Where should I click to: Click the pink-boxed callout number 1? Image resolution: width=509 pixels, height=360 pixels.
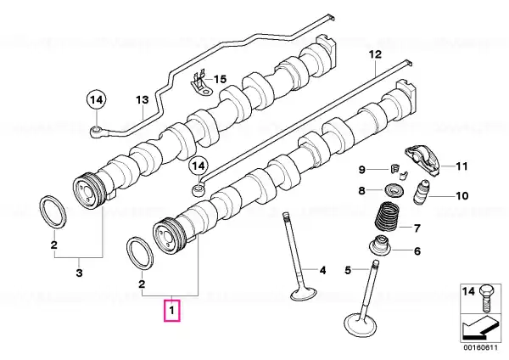pos(171,310)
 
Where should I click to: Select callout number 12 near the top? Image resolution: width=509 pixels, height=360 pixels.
pos(375,54)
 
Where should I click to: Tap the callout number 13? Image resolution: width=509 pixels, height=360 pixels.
pos(142,99)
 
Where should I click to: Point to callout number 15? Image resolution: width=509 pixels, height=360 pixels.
pos(220,79)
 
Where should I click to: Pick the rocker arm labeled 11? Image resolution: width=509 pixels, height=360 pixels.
pos(422,160)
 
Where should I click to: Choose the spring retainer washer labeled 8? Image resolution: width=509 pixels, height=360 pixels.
pos(394,189)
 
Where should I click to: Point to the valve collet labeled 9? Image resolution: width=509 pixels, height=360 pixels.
pos(399,172)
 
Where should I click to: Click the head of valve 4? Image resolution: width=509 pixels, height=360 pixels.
pos(303,294)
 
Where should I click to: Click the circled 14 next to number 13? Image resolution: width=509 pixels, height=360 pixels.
pos(97,99)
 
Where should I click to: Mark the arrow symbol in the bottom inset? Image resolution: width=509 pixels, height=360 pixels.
pos(481,328)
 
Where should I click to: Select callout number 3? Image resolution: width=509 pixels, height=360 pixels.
pos(79,273)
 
